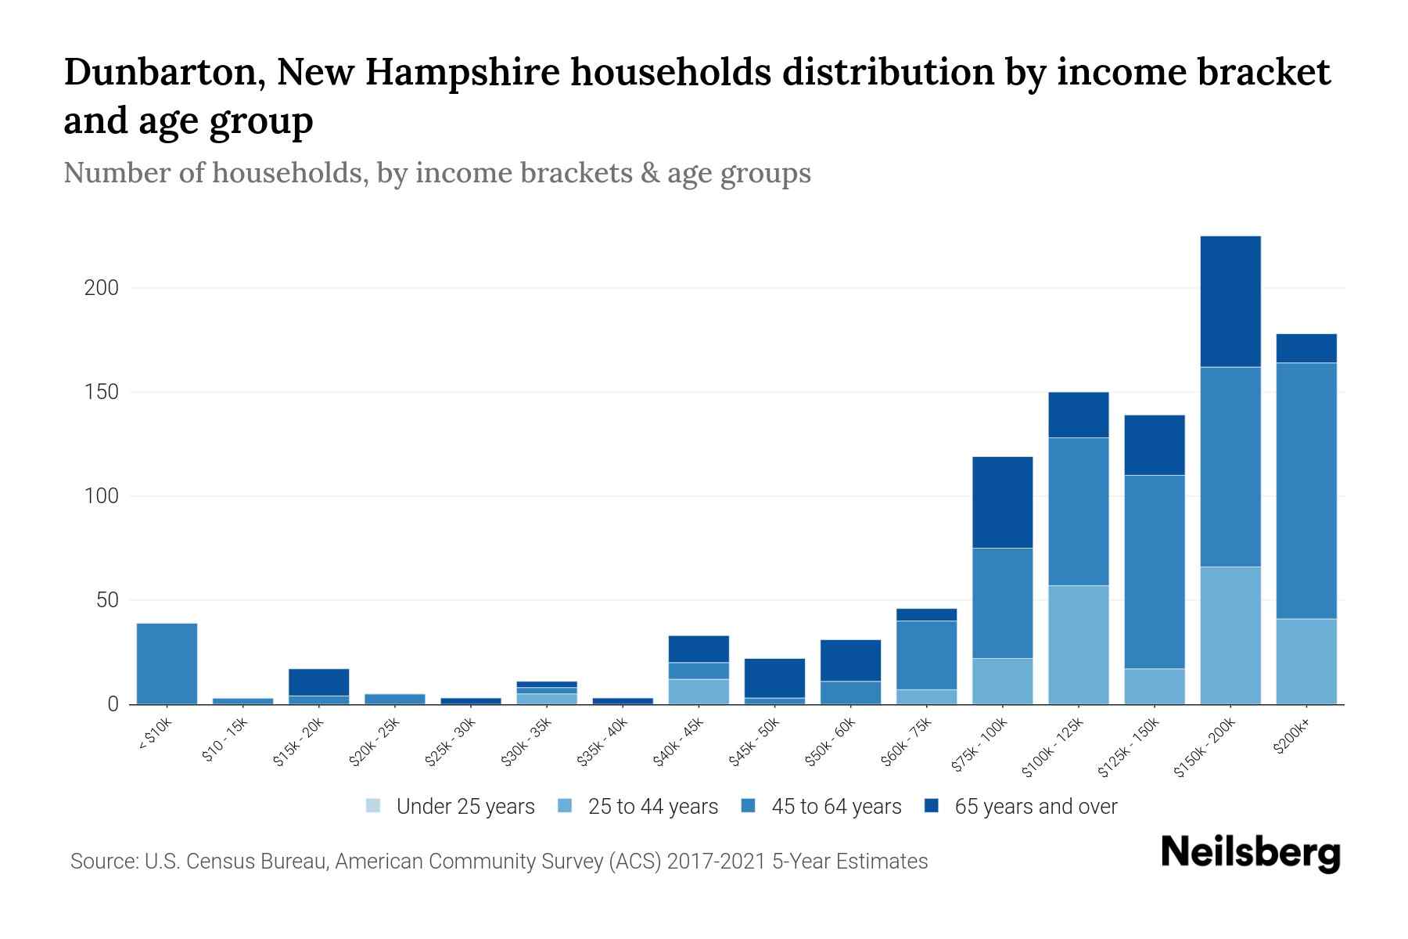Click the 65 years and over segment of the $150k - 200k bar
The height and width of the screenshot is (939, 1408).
coord(1230,301)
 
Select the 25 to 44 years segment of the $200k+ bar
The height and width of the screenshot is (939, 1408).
coord(1306,661)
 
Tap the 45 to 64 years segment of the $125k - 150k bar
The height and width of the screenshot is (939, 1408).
coord(1155,571)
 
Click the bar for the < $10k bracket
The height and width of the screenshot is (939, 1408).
coord(167,664)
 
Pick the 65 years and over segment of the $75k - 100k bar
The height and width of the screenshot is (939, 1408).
coord(1002,502)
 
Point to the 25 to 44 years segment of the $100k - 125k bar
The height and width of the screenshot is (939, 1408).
coord(1079,645)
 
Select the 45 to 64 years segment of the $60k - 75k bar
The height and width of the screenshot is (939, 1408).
coord(926,655)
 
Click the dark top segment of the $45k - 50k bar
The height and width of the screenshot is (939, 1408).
coord(774,678)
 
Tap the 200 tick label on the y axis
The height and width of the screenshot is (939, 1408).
coord(102,288)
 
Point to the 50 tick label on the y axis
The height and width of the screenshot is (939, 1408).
coord(107,600)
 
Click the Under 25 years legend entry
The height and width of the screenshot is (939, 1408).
coord(465,807)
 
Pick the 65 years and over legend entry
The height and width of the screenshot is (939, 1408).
coord(1035,807)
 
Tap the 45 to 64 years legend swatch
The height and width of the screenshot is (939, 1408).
coord(749,806)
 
